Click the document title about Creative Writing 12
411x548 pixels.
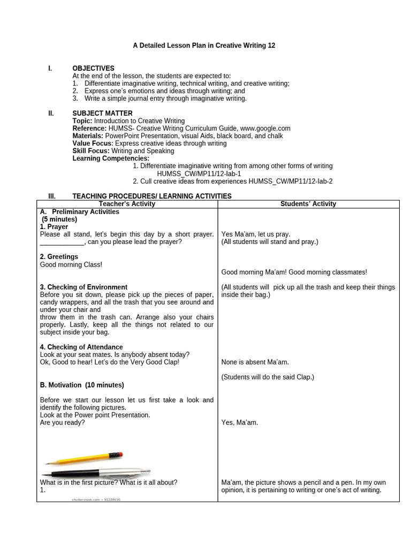pyautogui.click(x=204, y=45)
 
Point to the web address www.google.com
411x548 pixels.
pyautogui.click(x=265, y=128)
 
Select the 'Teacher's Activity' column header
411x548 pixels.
pyautogui.click(x=127, y=204)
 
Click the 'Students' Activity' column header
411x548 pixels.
pyautogui.click(x=308, y=204)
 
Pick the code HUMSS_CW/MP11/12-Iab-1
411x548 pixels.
pyautogui.click(x=199, y=174)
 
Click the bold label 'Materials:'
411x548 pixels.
pyautogui.click(x=88, y=136)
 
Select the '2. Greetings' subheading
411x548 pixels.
pyautogui.click(x=59, y=257)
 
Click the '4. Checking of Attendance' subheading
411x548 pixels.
pyautogui.click(x=81, y=347)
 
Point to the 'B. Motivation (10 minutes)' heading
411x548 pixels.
pyautogui.click(x=82, y=385)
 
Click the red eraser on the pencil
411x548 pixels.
pyautogui.click(x=119, y=454)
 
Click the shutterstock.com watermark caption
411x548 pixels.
pyautogui.click(x=96, y=499)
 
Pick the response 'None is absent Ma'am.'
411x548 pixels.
pyautogui.click(x=255, y=362)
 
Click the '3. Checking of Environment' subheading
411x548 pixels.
pyautogui.click(x=83, y=287)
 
